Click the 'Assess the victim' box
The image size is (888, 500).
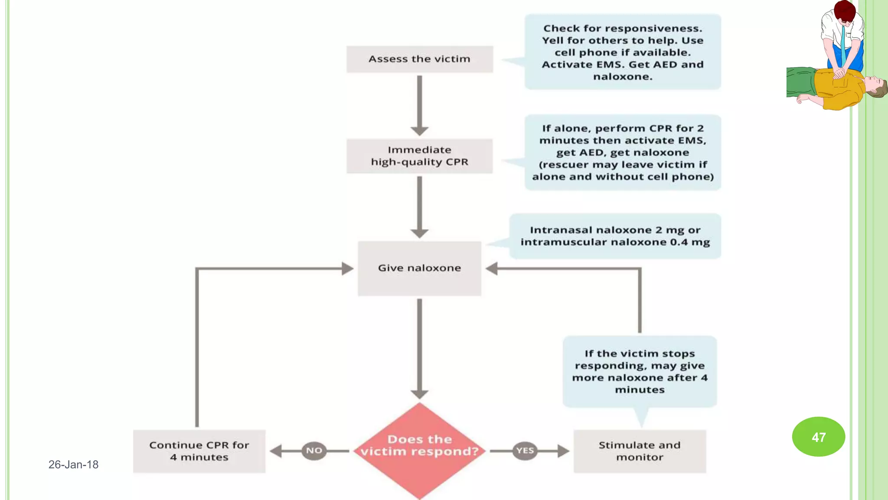419,59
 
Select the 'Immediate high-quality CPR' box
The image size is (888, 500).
419,156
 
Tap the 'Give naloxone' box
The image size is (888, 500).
419,268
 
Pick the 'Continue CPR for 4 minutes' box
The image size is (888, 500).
199,451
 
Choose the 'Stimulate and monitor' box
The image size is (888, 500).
640,451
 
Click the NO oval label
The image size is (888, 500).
314,451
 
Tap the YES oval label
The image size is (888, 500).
525,451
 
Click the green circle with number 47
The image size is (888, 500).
818,437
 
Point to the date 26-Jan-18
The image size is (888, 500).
73,464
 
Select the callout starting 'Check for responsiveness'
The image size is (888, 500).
623,52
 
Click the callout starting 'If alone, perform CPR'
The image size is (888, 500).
623,152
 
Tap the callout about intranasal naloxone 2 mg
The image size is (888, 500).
615,236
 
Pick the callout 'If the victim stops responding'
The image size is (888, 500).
640,372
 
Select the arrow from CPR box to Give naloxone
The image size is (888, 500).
419,206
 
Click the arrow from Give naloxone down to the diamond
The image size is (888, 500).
419,347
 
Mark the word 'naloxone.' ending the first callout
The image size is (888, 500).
623,77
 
